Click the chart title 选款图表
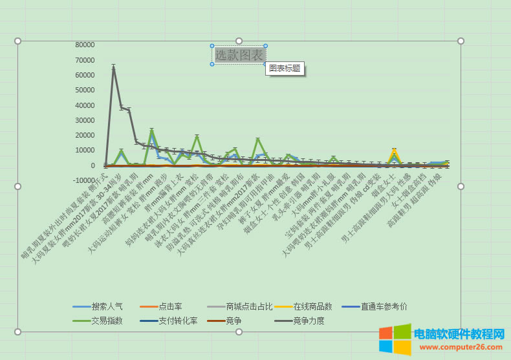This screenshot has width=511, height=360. [x=239, y=56]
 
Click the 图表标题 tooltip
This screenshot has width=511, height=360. [x=285, y=69]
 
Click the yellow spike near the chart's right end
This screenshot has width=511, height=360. [x=395, y=151]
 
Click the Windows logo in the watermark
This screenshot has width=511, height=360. [x=394, y=339]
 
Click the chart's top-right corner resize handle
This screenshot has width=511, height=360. [x=461, y=41]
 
